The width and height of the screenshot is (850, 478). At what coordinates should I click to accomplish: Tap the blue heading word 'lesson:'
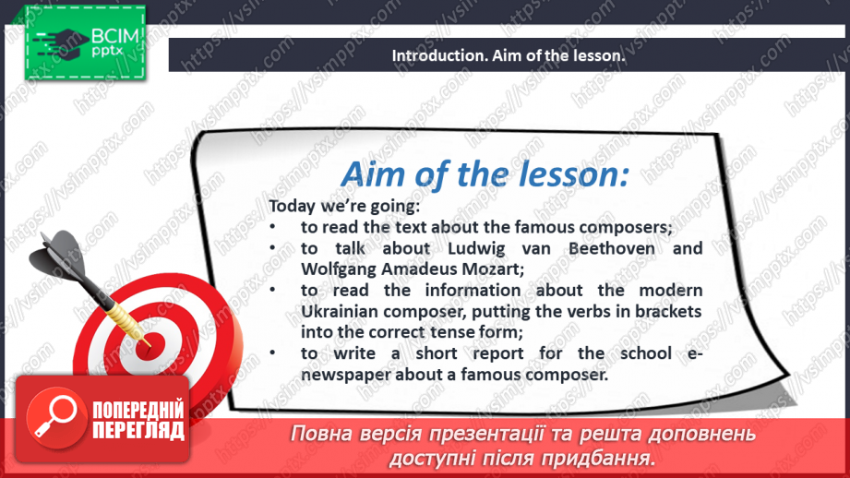click(574, 175)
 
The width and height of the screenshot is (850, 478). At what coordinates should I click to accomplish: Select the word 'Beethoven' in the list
click(612, 248)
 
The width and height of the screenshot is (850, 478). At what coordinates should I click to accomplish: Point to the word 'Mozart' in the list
click(495, 269)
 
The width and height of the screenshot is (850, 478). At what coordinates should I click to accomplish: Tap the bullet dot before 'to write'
click(272, 353)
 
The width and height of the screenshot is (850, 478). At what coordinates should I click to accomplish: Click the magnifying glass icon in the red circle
click(54, 415)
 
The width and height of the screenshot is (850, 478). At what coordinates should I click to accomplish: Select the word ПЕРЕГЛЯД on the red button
click(138, 430)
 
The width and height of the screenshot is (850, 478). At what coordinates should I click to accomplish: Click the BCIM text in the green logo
click(115, 36)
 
